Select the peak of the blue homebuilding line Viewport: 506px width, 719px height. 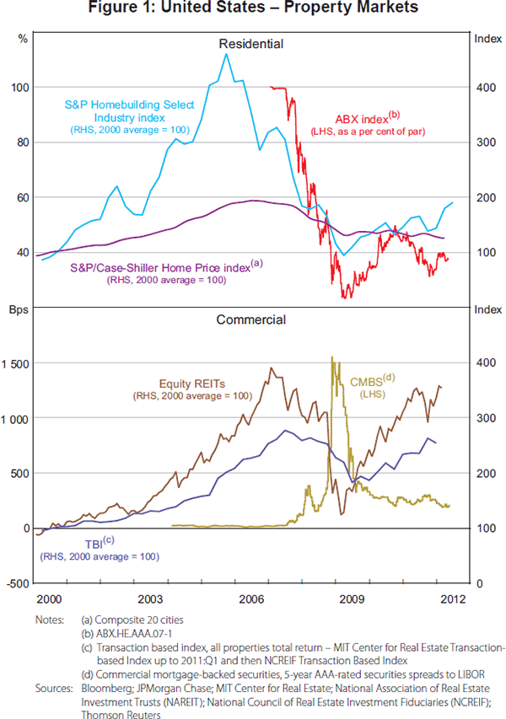coord(226,54)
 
